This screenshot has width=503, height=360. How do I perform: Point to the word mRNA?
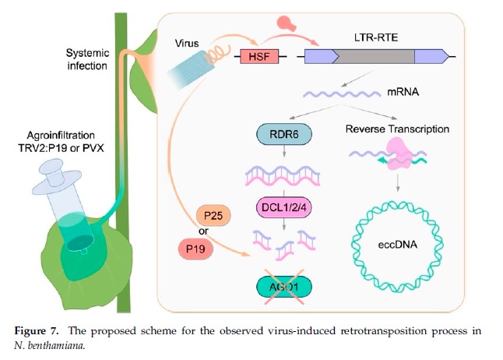(403, 93)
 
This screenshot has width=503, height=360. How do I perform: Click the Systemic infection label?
(87, 59)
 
